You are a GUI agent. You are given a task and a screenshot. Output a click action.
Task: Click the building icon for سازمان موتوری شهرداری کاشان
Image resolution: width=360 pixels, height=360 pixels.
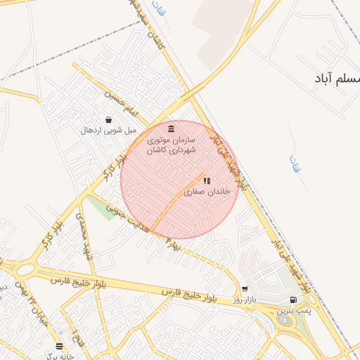tap(172, 127)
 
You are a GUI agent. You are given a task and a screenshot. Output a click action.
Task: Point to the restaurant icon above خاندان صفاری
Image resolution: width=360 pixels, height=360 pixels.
tap(207, 181)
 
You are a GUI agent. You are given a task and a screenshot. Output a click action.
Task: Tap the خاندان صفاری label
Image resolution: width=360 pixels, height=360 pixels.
tap(207, 191)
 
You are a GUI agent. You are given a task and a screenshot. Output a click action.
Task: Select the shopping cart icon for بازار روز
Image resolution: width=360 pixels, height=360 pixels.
tap(245, 289)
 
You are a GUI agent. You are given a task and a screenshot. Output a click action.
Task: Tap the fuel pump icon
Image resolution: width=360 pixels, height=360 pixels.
tap(293, 300)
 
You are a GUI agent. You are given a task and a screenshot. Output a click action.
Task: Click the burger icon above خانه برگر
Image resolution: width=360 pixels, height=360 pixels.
tap(60, 346)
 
